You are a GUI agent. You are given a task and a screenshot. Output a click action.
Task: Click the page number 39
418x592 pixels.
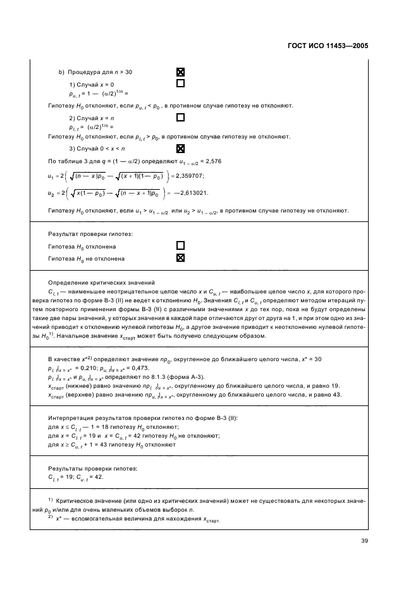[x=364, y=540]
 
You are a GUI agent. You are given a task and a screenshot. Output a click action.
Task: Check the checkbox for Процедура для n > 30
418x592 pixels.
[x=180, y=72]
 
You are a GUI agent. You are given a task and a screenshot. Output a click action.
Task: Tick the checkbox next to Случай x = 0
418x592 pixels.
[x=180, y=83]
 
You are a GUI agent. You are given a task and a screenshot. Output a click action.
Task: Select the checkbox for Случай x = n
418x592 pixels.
[x=180, y=118]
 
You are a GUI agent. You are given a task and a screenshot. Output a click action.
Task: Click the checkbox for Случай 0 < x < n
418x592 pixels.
[x=180, y=149]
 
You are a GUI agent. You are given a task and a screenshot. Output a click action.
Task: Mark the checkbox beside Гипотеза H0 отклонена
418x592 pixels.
[x=180, y=245]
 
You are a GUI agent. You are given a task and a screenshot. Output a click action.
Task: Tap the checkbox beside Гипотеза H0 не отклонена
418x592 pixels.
[x=180, y=258]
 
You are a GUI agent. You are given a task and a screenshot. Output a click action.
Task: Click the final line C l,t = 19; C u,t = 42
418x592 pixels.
[x=76, y=477]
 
